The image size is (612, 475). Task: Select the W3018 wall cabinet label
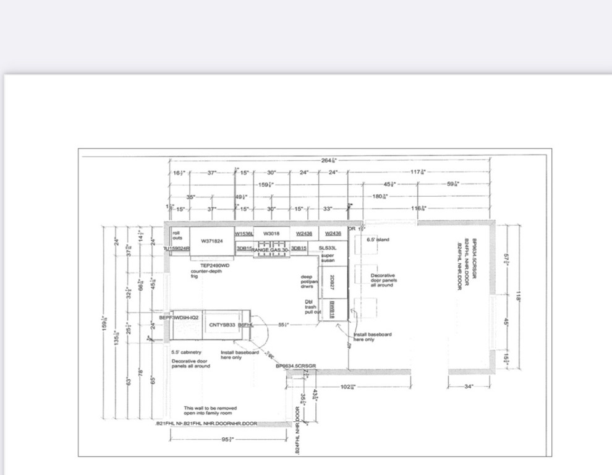[271, 233]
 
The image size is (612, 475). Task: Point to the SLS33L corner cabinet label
[327, 248]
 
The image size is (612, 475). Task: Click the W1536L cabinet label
[244, 233]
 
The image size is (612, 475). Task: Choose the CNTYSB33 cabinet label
[221, 325]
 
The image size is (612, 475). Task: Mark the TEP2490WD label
[215, 265]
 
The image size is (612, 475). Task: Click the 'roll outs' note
[178, 236]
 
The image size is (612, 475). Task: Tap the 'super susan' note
[327, 258]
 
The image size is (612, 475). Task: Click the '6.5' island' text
[378, 239]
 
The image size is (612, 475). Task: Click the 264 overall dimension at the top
[329, 160]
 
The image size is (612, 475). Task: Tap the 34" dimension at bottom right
[468, 387]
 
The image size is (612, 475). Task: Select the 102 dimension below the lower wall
[347, 387]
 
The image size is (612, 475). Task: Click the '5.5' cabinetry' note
[186, 353]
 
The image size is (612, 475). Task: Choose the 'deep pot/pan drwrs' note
[307, 281]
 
